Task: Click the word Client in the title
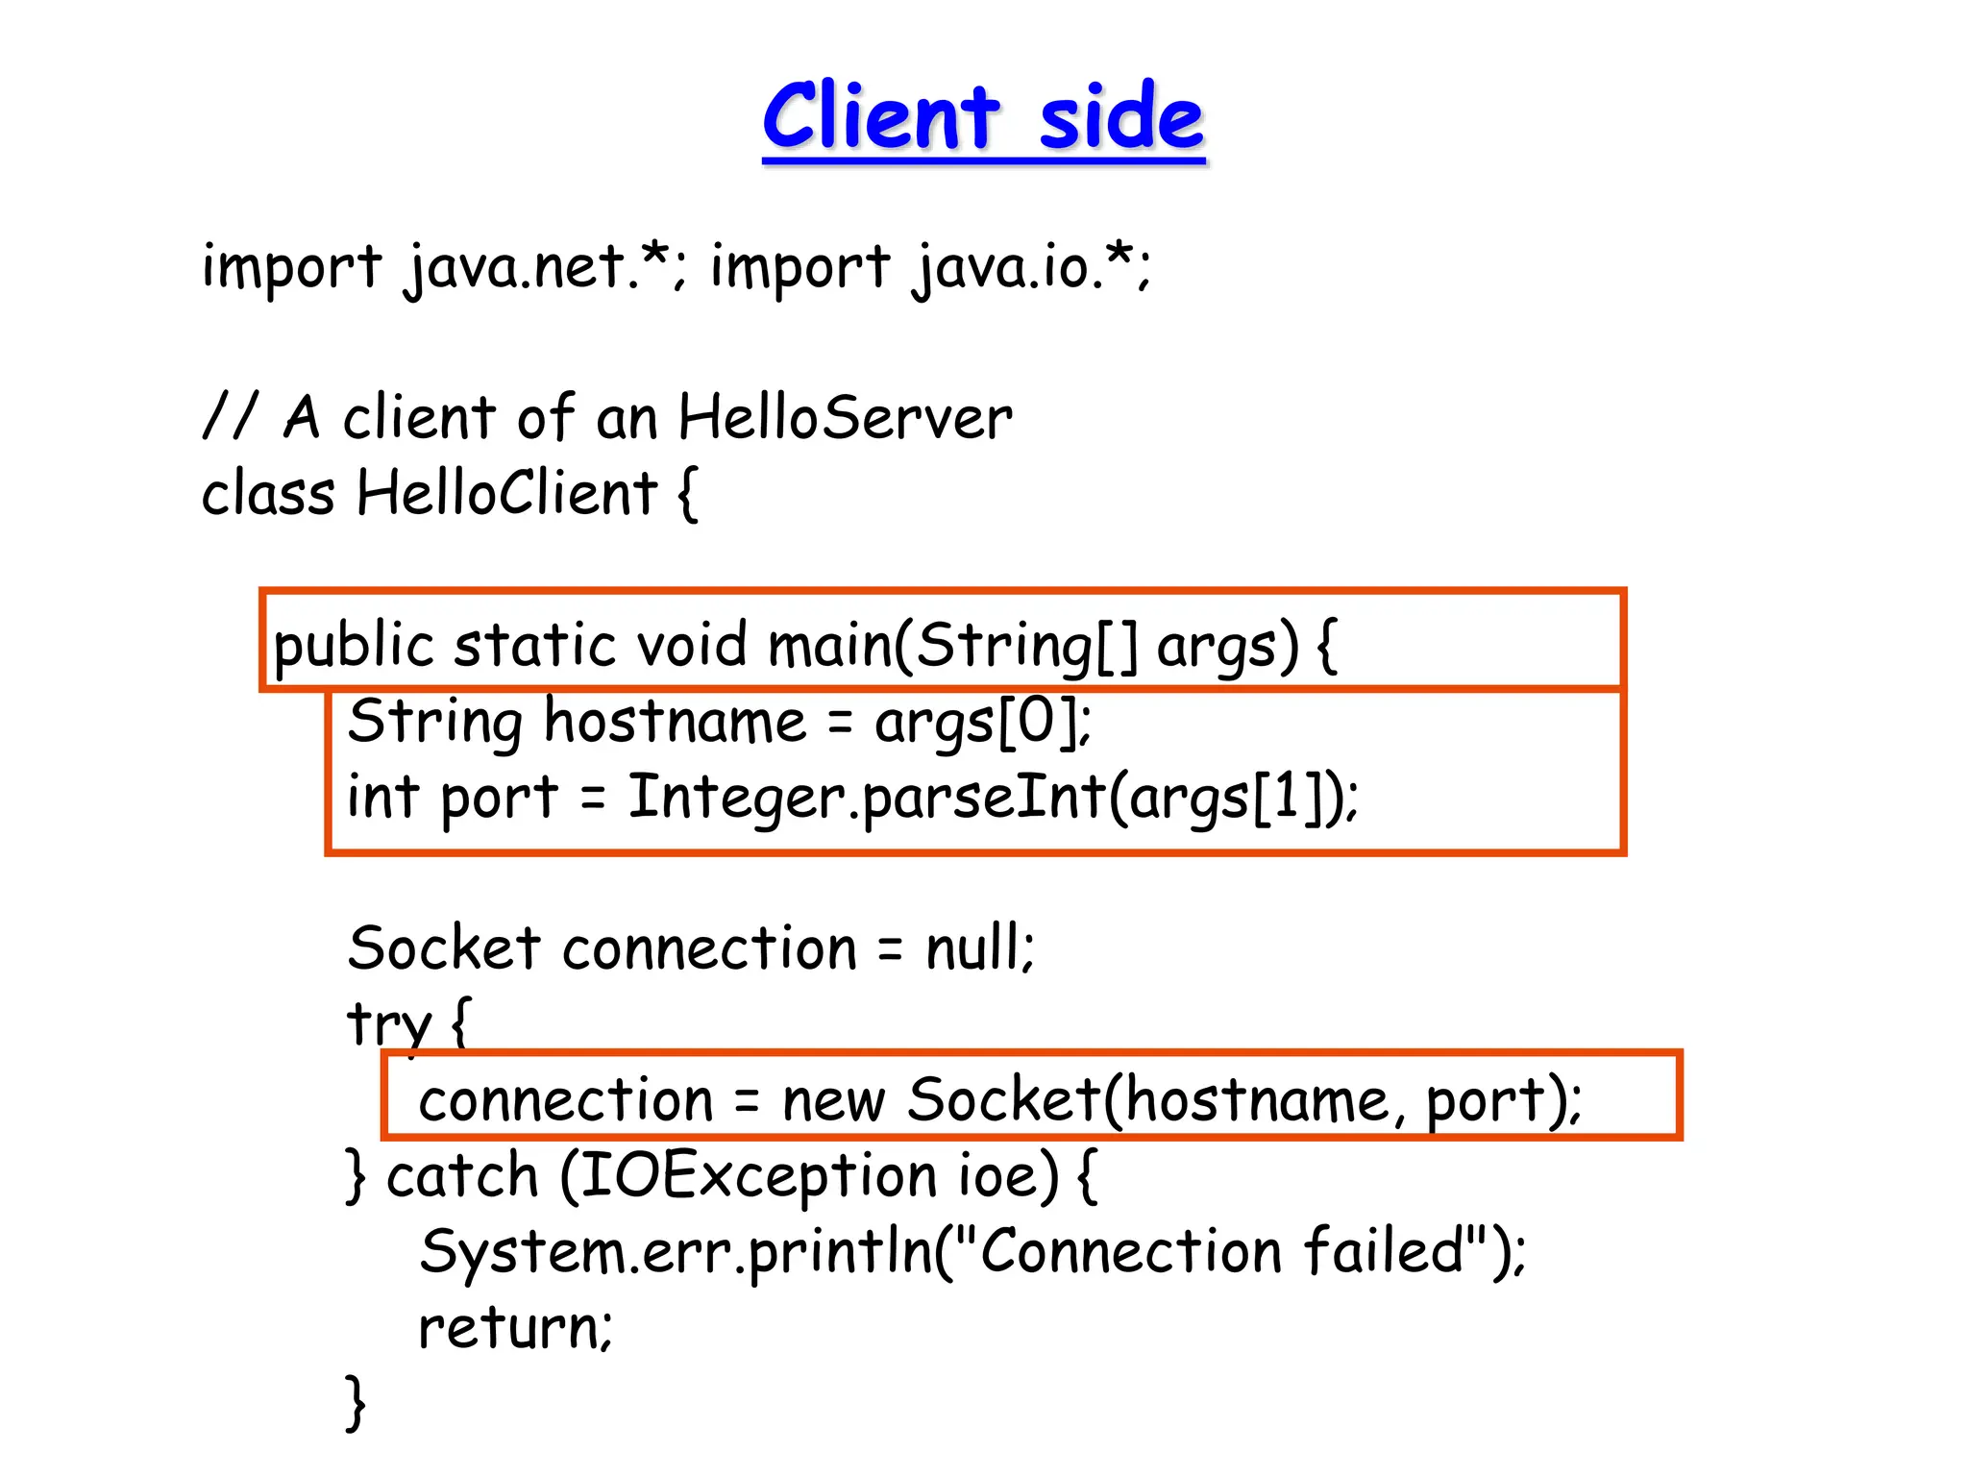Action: tap(881, 117)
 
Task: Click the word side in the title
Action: tap(1121, 117)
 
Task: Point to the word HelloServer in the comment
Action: tap(845, 418)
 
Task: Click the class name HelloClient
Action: tap(506, 493)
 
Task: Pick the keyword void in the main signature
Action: tap(692, 644)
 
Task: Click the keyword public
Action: tap(352, 646)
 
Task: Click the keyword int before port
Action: tap(382, 798)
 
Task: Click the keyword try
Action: tap(389, 1024)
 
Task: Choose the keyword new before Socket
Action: tap(832, 1100)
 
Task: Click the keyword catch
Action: tap(462, 1176)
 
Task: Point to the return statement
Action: tap(514, 1328)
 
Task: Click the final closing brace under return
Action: tap(356, 1403)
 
